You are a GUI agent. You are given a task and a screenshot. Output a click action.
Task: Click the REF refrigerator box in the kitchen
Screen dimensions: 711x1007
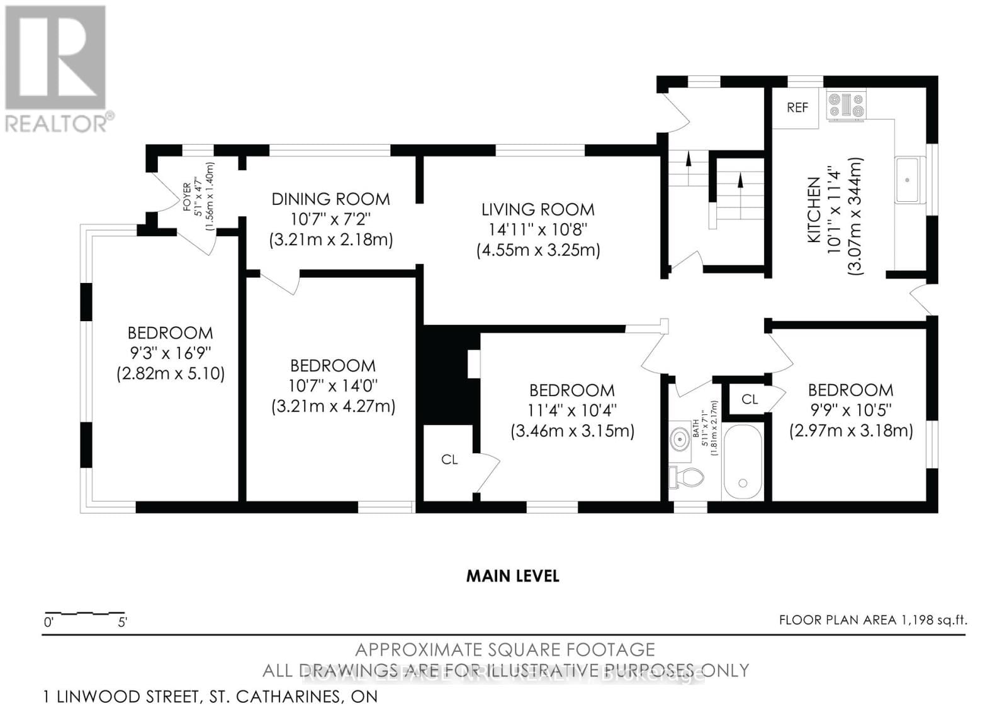796,107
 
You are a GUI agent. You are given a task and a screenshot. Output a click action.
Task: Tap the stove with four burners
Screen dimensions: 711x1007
847,106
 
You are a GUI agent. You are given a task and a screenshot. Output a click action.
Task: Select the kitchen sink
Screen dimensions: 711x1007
909,180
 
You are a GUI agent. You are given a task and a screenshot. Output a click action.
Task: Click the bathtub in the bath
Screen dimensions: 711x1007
743,460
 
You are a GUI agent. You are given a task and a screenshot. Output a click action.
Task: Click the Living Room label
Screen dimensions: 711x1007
537,209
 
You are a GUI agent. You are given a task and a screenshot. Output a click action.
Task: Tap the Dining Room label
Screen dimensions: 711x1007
330,199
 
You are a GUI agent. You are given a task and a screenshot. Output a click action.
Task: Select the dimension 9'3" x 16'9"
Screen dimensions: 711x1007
170,353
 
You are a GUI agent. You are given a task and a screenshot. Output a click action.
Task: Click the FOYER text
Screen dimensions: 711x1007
187,196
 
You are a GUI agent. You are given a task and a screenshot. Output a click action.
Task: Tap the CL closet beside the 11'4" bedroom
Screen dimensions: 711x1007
449,460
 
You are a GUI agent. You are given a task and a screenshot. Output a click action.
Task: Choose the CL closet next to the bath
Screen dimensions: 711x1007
749,399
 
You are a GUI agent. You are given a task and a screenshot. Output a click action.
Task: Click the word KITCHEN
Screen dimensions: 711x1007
814,210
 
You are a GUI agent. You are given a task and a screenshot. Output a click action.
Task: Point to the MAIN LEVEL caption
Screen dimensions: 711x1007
512,576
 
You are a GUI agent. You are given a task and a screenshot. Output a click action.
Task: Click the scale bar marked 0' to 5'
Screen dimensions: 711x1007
84,613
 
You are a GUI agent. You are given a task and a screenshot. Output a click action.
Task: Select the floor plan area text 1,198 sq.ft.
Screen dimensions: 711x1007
872,620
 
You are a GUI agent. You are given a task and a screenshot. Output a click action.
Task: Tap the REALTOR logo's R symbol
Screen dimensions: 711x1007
55,57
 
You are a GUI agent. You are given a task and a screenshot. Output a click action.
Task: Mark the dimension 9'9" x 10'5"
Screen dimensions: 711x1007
850,410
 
